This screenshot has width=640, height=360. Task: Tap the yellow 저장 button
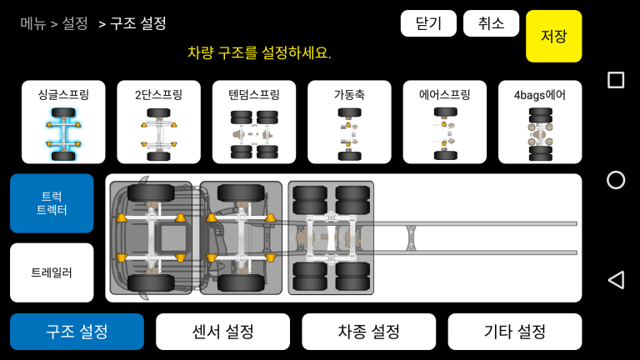[554, 37]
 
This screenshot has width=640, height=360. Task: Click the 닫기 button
[428, 23]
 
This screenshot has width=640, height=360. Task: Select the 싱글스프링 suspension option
[63, 122]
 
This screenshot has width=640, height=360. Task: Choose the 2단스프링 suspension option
[159, 122]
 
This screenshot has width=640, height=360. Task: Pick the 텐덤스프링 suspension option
[254, 122]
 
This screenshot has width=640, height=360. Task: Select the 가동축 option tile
[349, 122]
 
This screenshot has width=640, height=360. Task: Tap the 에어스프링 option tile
[445, 122]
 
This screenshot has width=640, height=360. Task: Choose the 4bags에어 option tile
[540, 122]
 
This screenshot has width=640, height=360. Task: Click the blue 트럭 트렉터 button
[52, 203]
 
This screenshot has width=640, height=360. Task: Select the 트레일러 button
[52, 272]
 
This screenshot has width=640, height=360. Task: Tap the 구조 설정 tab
[77, 332]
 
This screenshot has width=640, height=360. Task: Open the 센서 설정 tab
[222, 332]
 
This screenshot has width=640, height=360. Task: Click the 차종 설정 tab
[369, 332]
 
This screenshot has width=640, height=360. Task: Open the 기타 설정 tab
[515, 332]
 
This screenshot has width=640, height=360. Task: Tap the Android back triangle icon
[616, 280]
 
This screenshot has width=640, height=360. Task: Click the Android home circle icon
[616, 180]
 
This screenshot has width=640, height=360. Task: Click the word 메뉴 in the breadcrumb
[33, 23]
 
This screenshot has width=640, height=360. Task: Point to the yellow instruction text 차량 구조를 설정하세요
[259, 52]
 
